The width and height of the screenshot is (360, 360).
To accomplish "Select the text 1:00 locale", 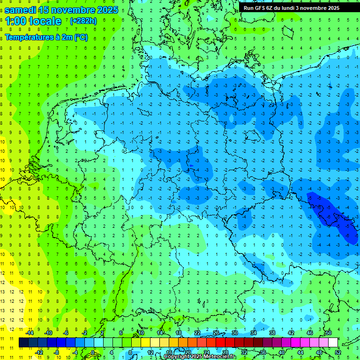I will (x=33, y=21).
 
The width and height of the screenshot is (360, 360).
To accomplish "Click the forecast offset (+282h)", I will (x=83, y=21).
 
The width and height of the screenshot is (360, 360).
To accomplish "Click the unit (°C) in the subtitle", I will (x=81, y=37).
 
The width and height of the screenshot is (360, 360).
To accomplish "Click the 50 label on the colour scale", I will (x=328, y=333).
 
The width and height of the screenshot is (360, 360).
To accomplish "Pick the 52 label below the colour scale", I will (x=337, y=352).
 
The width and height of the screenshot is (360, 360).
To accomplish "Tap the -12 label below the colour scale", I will (x=39, y=352).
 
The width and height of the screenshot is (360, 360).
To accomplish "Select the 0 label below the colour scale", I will (x=93, y=352).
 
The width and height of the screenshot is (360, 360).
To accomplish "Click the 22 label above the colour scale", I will (x=197, y=333).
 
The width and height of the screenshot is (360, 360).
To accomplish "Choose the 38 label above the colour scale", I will (x=272, y=333).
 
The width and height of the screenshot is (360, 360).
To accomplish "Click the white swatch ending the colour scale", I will (x=333, y=343).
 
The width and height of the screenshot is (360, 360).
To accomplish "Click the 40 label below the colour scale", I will (x=281, y=352).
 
